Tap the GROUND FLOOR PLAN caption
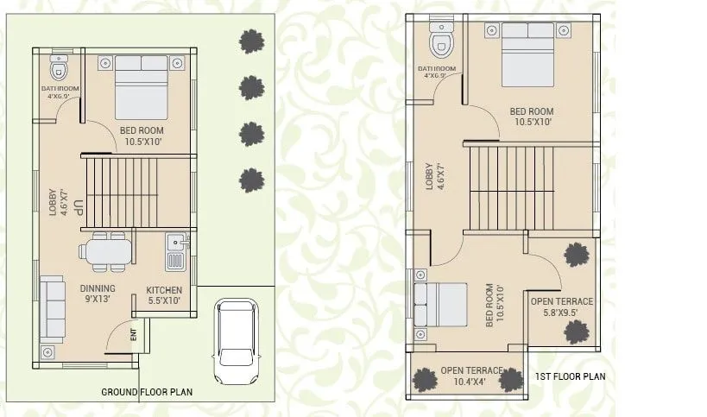(x=147, y=392)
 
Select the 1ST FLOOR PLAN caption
(x=570, y=376)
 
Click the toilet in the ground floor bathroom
(x=59, y=68)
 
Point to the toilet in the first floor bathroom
(x=442, y=41)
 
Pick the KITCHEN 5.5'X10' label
(x=163, y=295)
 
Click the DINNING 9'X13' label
(x=98, y=294)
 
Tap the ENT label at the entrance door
(x=133, y=334)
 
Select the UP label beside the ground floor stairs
(x=78, y=208)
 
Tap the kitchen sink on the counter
(x=175, y=242)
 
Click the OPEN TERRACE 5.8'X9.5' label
(x=561, y=306)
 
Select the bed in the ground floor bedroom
(x=141, y=86)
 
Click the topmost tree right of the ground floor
(x=251, y=41)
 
